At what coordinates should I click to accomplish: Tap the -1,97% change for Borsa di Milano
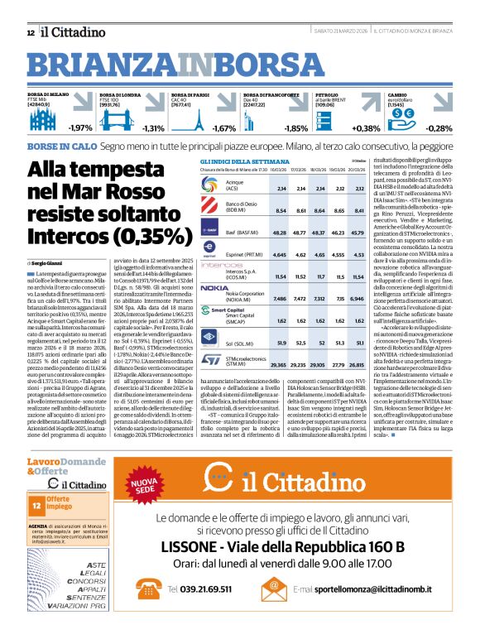tap(79, 128)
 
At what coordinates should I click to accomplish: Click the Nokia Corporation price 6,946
tap(357, 297)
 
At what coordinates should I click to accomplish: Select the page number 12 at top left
tap(31, 32)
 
